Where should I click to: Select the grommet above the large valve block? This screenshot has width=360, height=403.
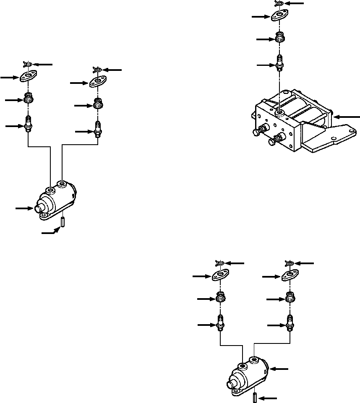pos(279,38)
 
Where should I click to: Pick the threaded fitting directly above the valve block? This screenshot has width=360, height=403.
pos(279,63)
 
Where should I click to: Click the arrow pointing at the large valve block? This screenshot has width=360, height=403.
pos(348,116)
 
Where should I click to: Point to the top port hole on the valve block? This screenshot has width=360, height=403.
pos(279,113)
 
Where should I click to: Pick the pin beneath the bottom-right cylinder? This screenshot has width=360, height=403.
pos(255,397)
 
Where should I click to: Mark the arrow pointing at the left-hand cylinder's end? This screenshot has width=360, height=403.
pos(23,208)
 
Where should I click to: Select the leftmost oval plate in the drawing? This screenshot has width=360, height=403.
pos(28,77)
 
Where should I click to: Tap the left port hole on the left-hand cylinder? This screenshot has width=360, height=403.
pos(51,190)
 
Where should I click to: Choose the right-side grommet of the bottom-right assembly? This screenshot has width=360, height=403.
pos(289,297)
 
